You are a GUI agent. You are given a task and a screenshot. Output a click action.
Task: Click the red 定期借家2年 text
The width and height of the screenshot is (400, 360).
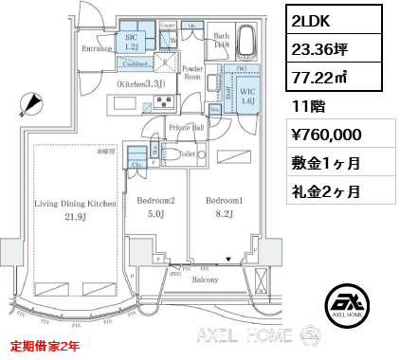pyautogui.click(x=45, y=346)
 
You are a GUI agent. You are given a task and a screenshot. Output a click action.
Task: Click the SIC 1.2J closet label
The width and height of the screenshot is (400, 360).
pyautogui.click(x=132, y=40)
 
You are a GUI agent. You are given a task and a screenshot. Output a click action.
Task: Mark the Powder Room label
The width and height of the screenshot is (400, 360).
pyautogui.click(x=194, y=73)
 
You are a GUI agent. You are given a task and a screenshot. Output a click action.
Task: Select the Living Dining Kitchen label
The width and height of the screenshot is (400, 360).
pyautogui.click(x=76, y=204)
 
